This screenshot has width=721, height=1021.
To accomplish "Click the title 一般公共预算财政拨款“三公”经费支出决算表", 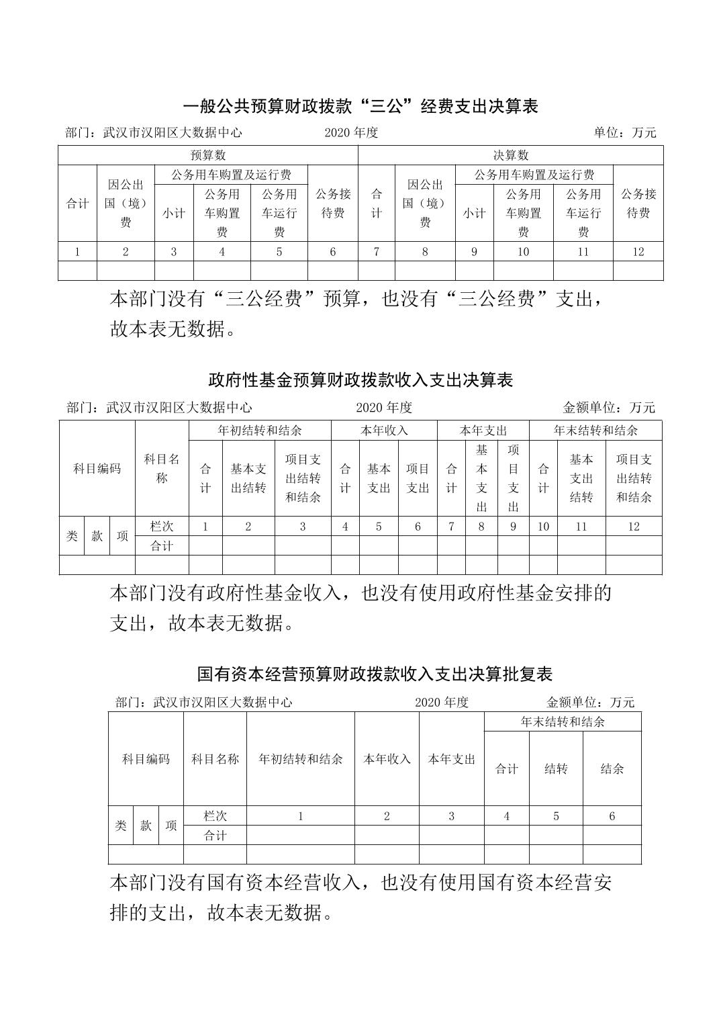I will tap(360, 106).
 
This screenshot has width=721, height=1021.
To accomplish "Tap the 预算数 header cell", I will tap(208, 155).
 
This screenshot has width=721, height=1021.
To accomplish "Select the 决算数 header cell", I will tap(511, 155).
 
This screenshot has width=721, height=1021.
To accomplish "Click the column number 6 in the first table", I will tap(333, 252).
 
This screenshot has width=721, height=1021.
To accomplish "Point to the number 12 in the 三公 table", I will tap(638, 252).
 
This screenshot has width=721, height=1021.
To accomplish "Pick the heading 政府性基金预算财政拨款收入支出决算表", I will tap(360, 380).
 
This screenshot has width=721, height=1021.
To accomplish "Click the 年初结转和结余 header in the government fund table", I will tap(260, 431).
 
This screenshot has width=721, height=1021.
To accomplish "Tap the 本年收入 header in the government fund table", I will tap(384, 431).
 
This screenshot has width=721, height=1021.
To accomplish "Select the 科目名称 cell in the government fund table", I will tap(162, 469).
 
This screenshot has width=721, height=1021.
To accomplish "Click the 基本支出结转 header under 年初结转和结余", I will tap(248, 478).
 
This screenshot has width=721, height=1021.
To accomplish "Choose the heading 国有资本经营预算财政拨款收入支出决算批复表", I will tap(375, 674).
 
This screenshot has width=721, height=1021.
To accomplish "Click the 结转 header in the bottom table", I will tap(556, 769).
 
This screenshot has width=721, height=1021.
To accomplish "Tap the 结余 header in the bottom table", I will tap(612, 769).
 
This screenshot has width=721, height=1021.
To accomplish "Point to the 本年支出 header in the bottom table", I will tap(451, 760).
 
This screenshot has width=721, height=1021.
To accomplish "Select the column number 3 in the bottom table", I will tap(451, 816).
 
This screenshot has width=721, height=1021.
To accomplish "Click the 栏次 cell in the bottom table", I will tap(215, 816).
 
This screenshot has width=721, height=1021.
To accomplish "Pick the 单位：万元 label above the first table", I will tap(624, 133).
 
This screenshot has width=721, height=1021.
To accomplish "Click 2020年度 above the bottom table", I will tap(441, 703).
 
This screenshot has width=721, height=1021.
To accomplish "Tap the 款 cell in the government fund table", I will tap(97, 536).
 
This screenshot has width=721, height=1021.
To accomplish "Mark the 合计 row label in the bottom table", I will tap(215, 836).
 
